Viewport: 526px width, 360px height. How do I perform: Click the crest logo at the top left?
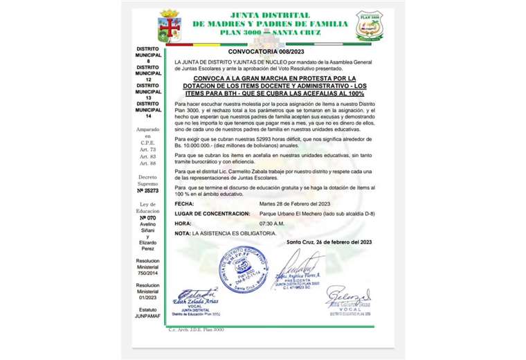tap(170, 26)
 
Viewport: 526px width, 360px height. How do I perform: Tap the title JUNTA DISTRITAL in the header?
tap(269, 14)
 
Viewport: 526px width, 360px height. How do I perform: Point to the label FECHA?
tap(184, 205)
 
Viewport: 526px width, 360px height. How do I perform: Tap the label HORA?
tap(183, 224)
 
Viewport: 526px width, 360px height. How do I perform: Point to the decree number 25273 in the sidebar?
tap(148, 190)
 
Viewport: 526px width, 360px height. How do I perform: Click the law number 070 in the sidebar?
tap(148, 217)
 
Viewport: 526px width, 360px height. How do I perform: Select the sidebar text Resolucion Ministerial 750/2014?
tap(148, 267)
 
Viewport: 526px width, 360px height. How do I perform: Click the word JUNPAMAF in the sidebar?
tap(148, 316)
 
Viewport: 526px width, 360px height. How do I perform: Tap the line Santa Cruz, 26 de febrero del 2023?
tap(329, 242)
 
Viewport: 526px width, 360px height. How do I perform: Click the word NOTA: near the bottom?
tap(183, 233)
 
